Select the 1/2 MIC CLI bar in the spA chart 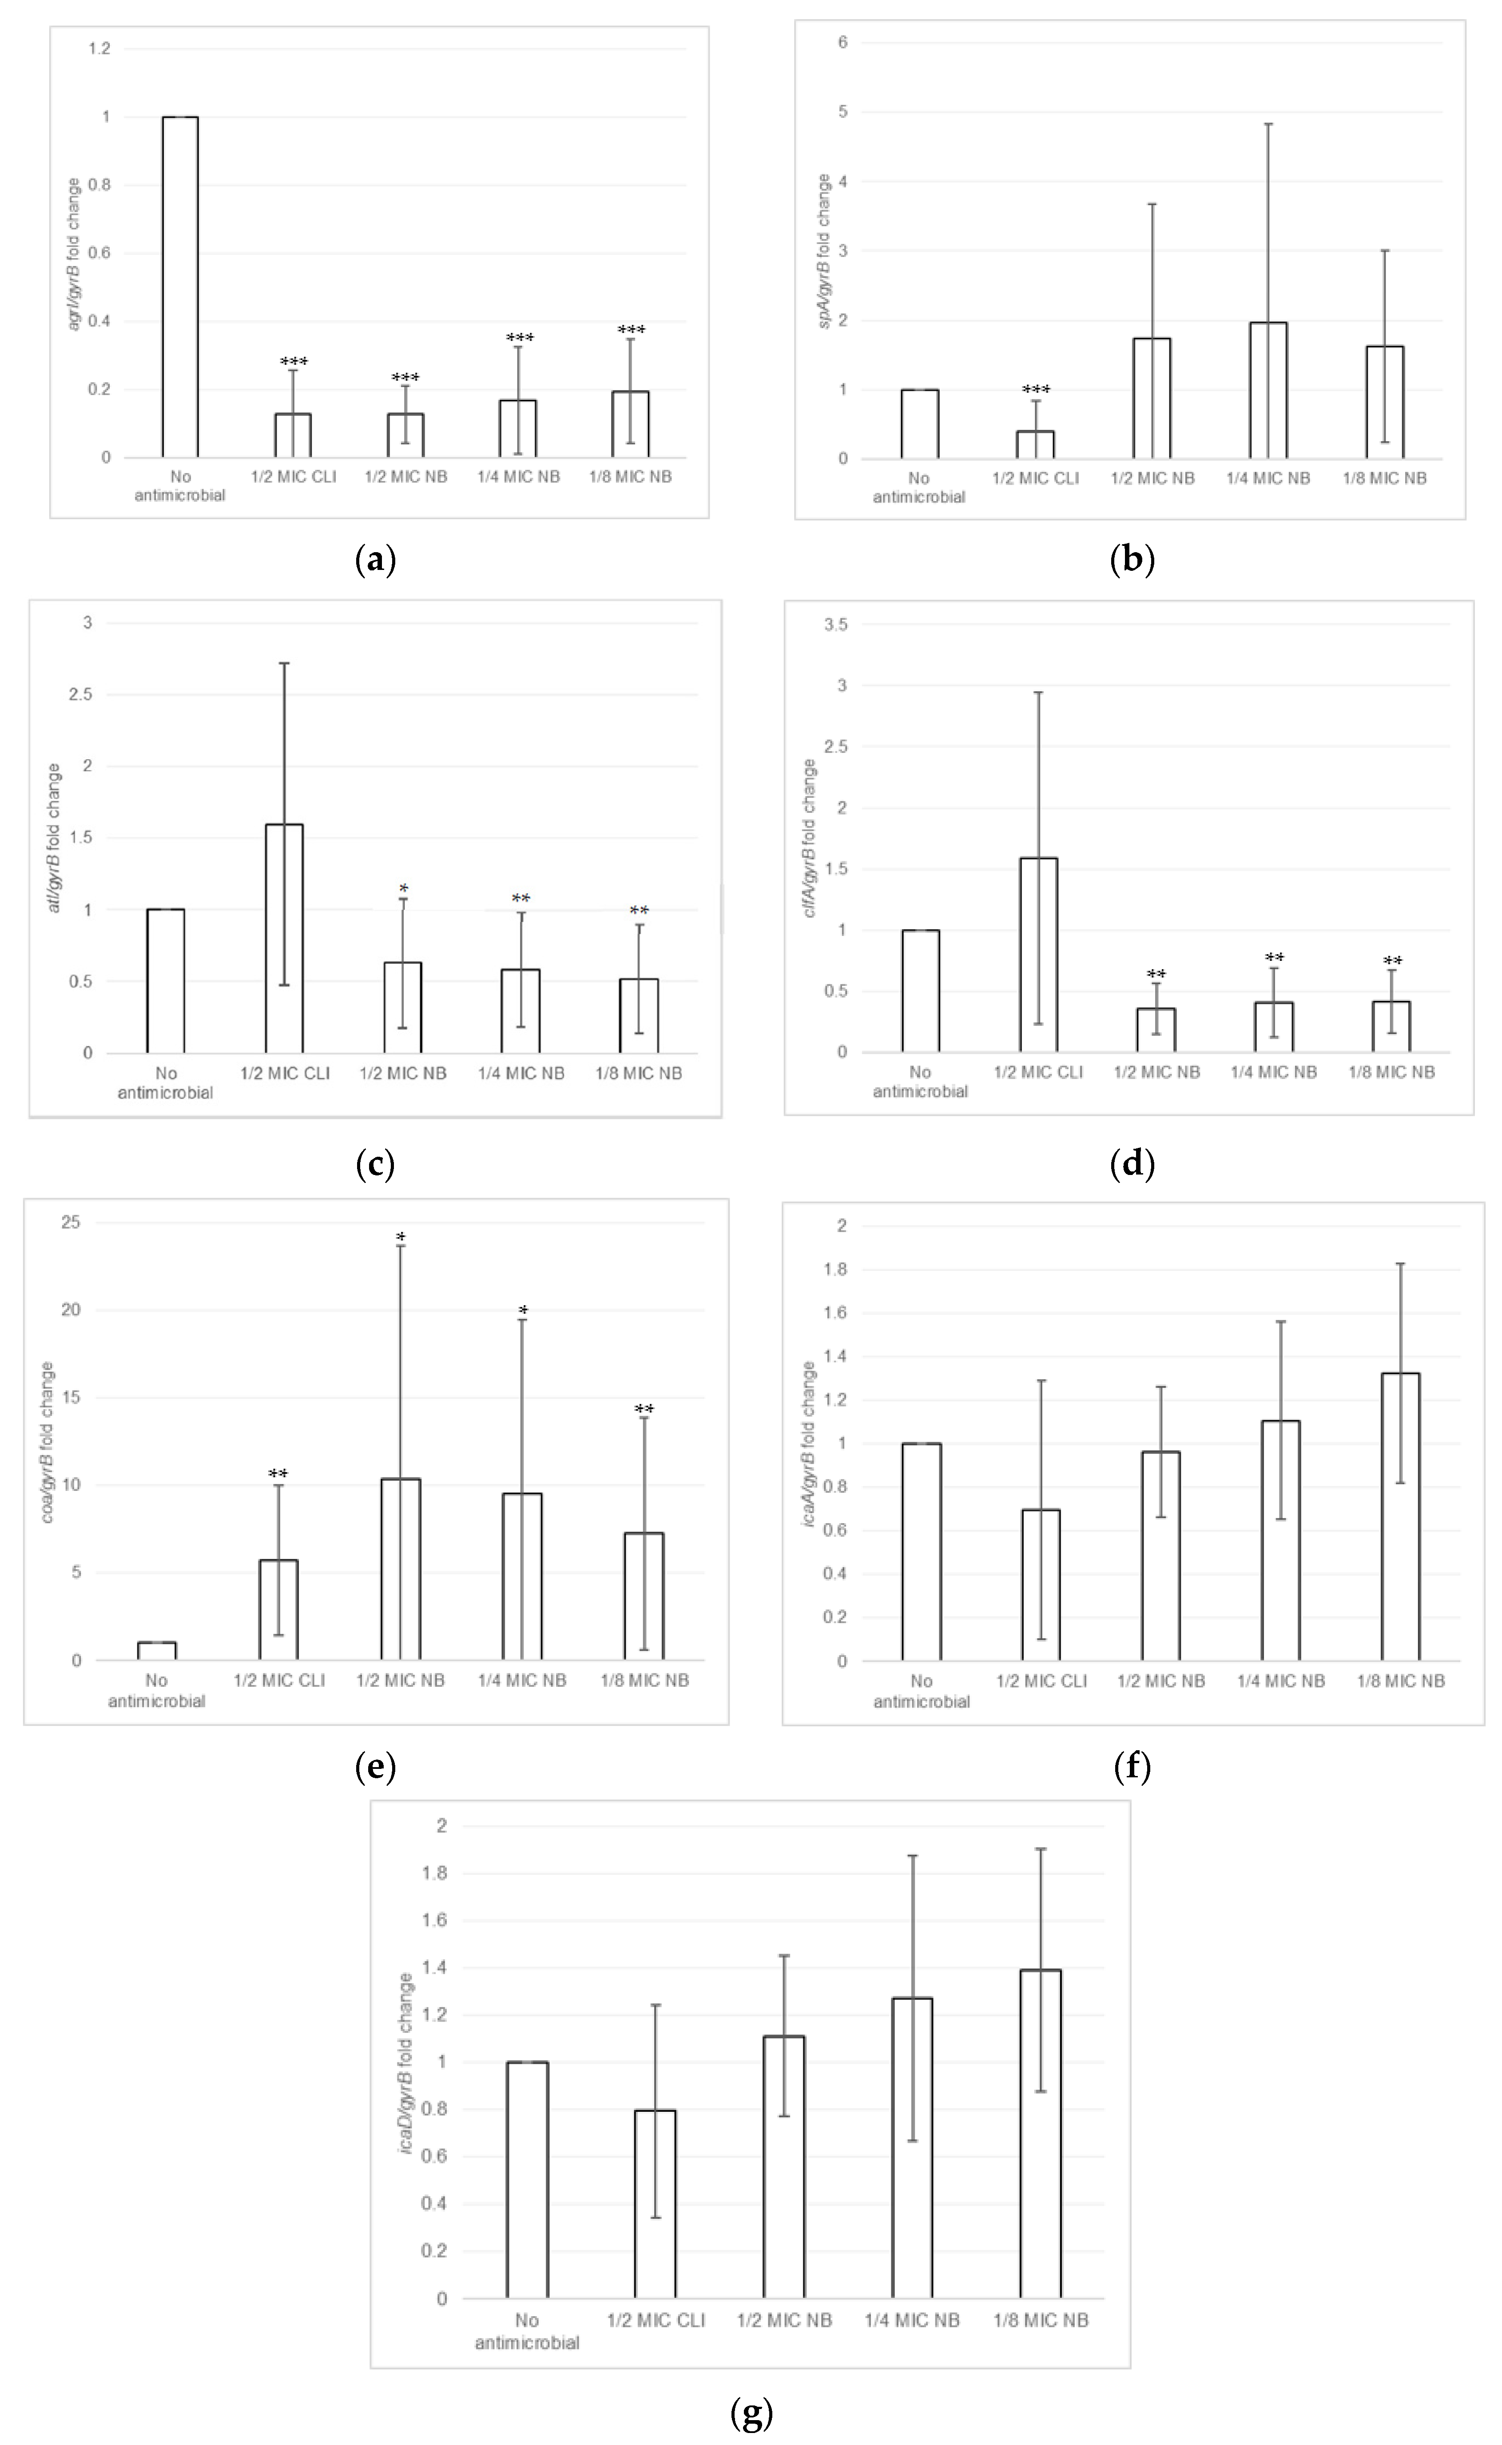pos(1035,445)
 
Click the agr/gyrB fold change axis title pos(75,253)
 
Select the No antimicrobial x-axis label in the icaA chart pos(921,1691)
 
